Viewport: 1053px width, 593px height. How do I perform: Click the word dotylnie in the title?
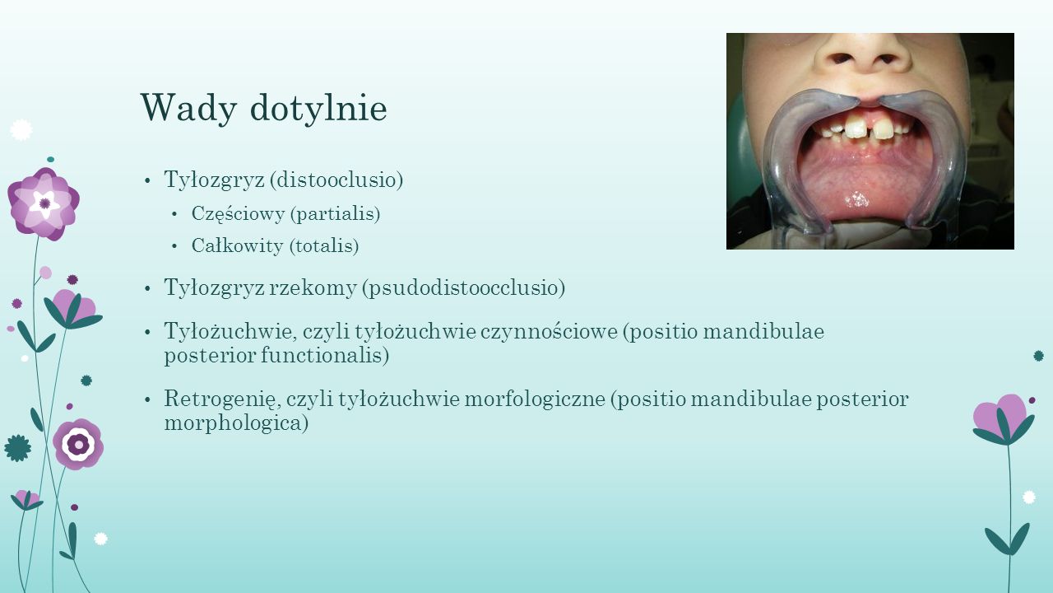coord(318,108)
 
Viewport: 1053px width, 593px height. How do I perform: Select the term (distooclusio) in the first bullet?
coord(336,180)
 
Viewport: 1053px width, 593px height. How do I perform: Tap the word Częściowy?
coord(238,214)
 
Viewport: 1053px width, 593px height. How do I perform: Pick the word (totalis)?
coord(324,245)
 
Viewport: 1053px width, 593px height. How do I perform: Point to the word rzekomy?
coord(313,288)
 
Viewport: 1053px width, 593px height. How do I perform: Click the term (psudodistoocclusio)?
coord(463,288)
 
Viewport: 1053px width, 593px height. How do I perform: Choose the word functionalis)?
coord(325,355)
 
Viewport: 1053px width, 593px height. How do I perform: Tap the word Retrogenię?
coord(222,399)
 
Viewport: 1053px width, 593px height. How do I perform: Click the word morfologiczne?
coord(535,399)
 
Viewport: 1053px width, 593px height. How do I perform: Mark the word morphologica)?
coord(236,423)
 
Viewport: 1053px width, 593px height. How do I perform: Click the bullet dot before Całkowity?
coord(174,246)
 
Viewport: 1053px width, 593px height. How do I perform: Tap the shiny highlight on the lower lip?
coord(856,200)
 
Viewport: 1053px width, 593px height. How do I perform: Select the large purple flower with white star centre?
coord(44,203)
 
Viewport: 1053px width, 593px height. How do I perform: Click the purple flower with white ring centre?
coord(78,444)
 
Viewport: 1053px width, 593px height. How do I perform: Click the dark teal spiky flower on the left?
coord(18,448)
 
